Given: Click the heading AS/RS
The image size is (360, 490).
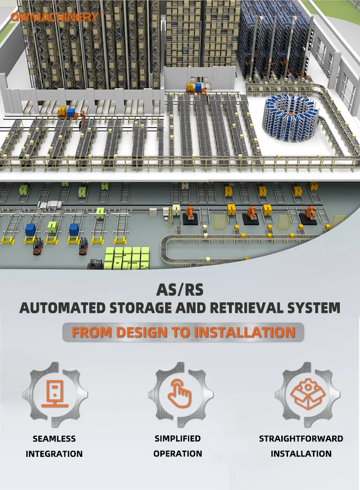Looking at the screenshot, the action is coord(180,290).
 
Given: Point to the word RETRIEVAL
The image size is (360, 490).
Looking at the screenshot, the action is coord(259,308).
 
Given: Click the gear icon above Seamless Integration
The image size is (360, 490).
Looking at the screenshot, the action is coord(54,394).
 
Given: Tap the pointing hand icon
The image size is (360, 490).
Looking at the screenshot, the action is coord(180,394).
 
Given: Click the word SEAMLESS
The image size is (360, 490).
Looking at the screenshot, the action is coord(54,438).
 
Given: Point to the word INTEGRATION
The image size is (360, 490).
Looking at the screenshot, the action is coord(54,454).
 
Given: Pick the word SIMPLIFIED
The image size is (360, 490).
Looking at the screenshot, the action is coord(178,438).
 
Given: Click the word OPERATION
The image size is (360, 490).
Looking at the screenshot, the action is coord(178,454).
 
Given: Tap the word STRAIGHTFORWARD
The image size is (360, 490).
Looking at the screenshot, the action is coord(301,438).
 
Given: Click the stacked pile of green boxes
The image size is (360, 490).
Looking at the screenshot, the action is coord(127,258).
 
